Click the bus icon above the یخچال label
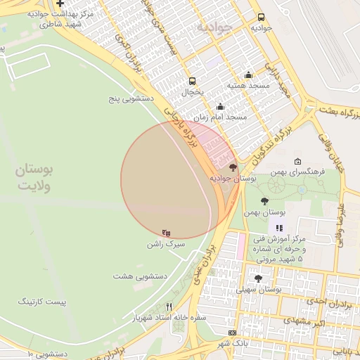[192, 80]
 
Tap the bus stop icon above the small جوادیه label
[262, 18]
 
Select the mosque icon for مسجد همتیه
[247, 75]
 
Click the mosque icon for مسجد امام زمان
[220, 107]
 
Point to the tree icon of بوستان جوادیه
[233, 168]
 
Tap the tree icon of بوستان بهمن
[264, 201]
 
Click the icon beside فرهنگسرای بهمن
[297, 161]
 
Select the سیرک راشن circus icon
[166, 233]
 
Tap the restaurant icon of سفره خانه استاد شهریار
[169, 307]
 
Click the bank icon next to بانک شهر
[233, 333]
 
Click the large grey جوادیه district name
[214, 27]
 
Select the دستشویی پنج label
[128, 99]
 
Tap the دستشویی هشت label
[139, 276]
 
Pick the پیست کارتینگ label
[41, 301]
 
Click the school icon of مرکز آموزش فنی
[279, 228]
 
